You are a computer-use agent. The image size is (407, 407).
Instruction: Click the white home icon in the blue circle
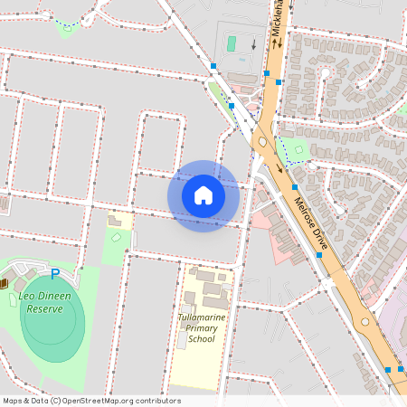click(203, 195)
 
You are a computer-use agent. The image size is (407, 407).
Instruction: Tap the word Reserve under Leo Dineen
click(45, 308)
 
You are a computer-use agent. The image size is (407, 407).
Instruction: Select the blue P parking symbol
click(54, 274)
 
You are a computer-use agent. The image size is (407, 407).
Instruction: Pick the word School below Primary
click(202, 340)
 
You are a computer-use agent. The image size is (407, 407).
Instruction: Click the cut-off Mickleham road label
click(276, 16)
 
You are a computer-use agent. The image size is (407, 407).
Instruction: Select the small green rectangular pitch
click(231, 43)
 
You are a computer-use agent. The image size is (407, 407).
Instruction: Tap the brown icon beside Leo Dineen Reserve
click(5, 283)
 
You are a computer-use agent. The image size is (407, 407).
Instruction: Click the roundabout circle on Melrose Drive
click(365, 321)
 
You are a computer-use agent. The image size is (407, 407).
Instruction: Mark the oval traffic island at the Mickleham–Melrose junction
click(259, 140)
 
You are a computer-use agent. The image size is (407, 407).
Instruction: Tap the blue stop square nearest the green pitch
click(213, 66)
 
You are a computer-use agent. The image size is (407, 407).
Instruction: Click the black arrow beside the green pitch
click(254, 43)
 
